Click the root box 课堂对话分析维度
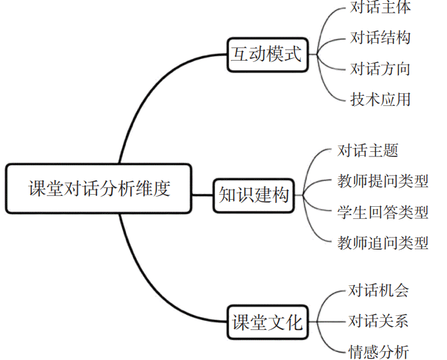[x=99, y=189]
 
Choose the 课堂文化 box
[x=268, y=322]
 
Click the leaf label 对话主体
[x=380, y=8]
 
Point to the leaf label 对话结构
[x=380, y=38]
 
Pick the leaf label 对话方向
[x=380, y=68]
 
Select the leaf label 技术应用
[x=380, y=99]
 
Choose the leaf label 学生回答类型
[x=383, y=212]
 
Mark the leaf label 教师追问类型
[x=383, y=243]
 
